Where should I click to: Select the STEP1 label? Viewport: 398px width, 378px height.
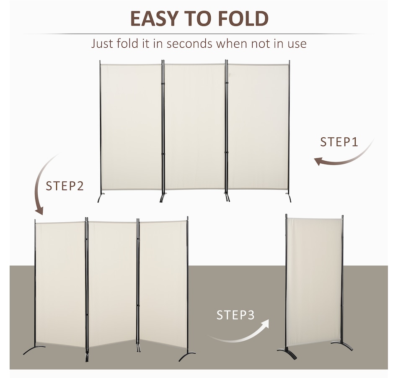(x=339, y=142)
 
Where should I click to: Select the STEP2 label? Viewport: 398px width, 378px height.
(x=65, y=186)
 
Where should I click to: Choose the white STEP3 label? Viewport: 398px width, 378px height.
(x=235, y=315)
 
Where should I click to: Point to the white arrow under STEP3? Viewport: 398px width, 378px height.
(x=239, y=332)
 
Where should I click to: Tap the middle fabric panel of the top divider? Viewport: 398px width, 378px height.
(x=195, y=126)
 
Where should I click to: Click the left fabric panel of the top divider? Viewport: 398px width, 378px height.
(x=132, y=126)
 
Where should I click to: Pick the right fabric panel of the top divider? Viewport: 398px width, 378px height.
(x=258, y=126)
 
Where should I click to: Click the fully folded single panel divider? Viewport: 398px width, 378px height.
(x=314, y=280)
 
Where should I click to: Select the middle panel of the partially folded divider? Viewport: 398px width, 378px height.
(x=112, y=285)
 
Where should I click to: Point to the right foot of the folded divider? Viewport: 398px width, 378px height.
(x=343, y=345)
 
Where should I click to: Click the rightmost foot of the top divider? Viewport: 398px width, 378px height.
(x=289, y=198)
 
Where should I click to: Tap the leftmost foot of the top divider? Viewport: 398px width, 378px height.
(x=100, y=198)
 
